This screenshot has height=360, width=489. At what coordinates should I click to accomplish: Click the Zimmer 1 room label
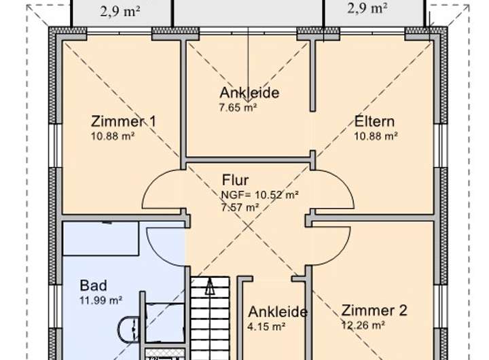tap(124, 122)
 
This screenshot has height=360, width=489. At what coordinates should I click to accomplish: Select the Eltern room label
tap(374, 122)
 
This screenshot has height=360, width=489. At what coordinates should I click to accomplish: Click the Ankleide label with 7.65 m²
tap(249, 93)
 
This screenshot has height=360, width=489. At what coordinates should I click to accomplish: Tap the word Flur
tap(235, 181)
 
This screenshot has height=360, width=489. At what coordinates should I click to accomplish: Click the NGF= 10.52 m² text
tap(260, 194)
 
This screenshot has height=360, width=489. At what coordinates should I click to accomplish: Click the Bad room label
tap(93, 285)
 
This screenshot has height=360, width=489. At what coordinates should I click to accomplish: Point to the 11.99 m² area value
tap(101, 300)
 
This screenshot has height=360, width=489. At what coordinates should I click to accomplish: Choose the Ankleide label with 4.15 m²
tap(278, 312)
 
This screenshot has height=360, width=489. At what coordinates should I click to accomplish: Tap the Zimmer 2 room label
tap(374, 311)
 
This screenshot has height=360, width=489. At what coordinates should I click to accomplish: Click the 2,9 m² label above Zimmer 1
tap(120, 10)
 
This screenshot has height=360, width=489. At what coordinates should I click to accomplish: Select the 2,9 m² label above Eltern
tap(367, 8)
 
